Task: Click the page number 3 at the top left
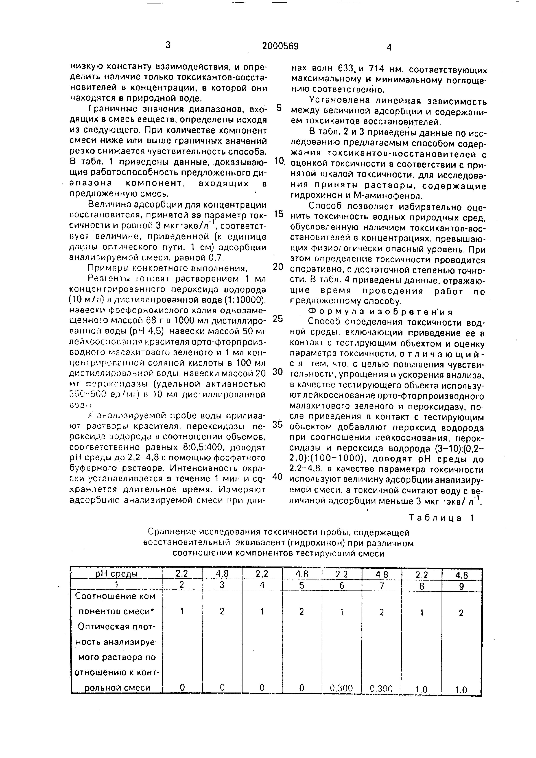(168, 45)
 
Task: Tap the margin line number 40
(278, 477)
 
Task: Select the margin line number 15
(279, 214)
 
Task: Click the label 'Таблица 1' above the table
(442, 518)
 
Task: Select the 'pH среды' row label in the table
(116, 574)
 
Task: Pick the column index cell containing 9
(462, 586)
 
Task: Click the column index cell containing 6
(342, 585)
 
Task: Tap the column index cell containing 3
(222, 585)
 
